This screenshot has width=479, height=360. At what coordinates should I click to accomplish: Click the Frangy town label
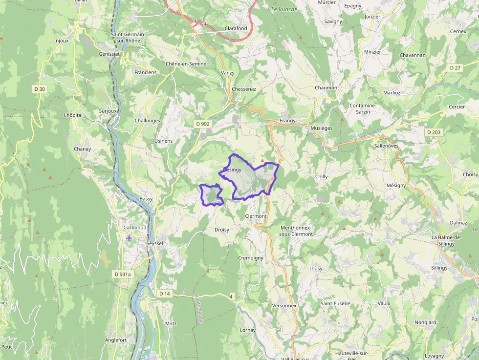(287, 121)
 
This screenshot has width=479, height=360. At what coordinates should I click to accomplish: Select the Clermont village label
(256, 216)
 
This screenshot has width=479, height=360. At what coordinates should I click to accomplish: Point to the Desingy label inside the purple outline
(233, 170)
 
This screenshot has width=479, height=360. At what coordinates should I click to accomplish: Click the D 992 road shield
(202, 124)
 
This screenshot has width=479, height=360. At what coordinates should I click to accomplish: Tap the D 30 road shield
(40, 89)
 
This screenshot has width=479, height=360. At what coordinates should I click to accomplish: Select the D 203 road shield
(433, 132)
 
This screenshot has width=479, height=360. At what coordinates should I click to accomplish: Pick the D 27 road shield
(455, 68)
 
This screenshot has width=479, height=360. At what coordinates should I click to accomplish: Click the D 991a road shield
(123, 275)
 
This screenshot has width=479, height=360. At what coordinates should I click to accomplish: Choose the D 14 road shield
(165, 294)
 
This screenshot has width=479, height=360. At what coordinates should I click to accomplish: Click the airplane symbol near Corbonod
(129, 238)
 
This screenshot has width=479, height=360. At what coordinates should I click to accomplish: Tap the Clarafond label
(236, 28)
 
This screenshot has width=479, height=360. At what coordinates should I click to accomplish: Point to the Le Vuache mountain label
(284, 9)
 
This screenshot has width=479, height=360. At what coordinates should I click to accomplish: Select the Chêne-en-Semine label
(186, 64)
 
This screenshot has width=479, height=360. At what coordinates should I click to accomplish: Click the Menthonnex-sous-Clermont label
(297, 231)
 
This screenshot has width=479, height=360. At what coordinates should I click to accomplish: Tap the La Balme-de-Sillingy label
(447, 240)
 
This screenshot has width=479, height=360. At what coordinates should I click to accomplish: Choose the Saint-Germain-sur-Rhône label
(128, 38)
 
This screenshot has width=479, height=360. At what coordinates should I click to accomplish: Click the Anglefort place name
(116, 340)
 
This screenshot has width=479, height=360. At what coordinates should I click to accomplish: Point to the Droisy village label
(221, 230)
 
